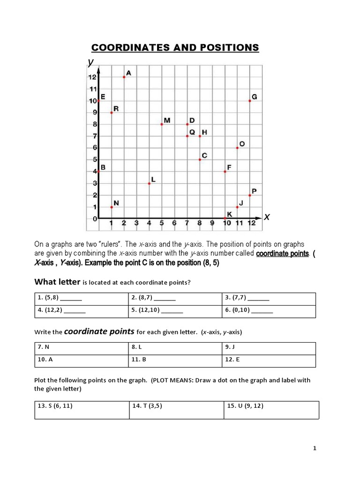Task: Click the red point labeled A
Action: click(124, 77)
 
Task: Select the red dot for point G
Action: click(250, 101)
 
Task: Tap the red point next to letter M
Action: click(162, 124)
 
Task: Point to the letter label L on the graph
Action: click(153, 180)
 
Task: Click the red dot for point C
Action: click(200, 160)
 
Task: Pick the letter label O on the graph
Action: click(242, 144)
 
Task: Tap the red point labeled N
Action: click(112, 207)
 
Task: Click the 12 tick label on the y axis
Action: click(92, 77)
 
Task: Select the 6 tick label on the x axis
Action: click(174, 223)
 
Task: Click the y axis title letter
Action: click(90, 62)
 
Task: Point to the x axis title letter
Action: click(267, 217)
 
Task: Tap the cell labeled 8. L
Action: click(175, 348)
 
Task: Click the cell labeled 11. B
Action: click(175, 360)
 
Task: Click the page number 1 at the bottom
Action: click(315, 449)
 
